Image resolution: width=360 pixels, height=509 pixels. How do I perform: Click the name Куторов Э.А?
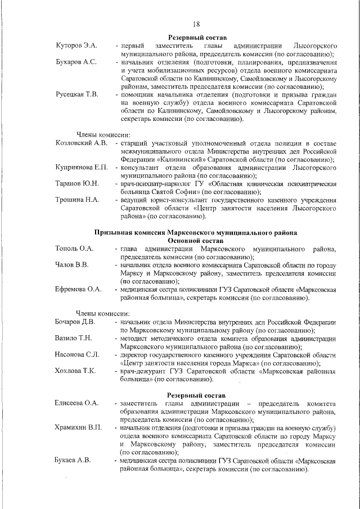(76, 44)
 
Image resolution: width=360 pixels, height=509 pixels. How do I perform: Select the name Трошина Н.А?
(77, 200)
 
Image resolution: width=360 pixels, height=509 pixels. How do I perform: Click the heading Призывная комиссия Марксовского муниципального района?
(195, 232)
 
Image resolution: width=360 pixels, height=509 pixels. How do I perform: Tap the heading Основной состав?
(196, 240)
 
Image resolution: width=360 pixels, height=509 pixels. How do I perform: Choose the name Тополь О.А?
(74, 249)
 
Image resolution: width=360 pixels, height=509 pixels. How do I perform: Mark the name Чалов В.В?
(71, 264)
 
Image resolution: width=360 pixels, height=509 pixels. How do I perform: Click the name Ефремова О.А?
(78, 289)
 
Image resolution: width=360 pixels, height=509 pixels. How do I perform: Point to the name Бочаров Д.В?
(75, 322)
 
